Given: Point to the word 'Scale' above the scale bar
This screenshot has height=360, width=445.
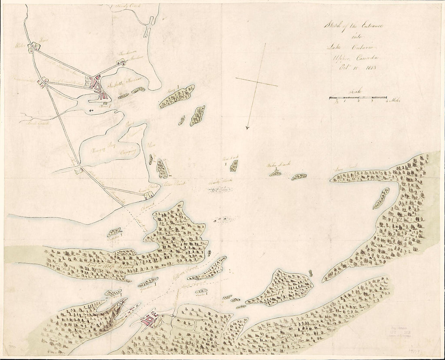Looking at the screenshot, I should click(358, 92).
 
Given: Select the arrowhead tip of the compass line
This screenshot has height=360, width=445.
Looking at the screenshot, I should click(247, 129).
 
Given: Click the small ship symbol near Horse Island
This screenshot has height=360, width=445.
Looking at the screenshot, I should click(91, 110).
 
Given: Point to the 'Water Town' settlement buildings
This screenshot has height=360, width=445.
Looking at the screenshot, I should click(32, 49).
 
